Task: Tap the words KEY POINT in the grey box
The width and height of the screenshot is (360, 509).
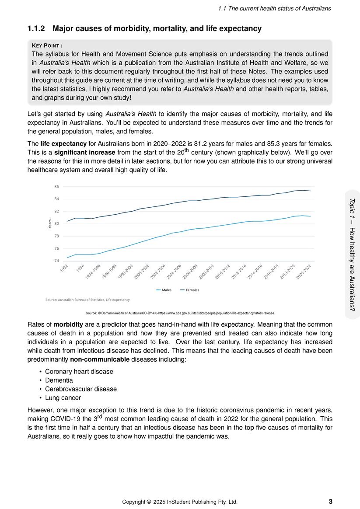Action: [47, 45]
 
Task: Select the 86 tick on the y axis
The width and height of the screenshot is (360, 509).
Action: [56, 187]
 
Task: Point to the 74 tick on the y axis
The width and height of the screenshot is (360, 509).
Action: [56, 261]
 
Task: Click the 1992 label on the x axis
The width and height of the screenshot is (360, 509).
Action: [64, 268]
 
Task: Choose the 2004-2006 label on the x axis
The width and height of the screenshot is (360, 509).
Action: [174, 272]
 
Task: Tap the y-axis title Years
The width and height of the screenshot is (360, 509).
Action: [50, 224]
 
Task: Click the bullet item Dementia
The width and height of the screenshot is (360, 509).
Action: [59, 380]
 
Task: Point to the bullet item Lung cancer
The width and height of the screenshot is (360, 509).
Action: [63, 398]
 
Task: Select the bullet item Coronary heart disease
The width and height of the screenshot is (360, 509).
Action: [79, 372]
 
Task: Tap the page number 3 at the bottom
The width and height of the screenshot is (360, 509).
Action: [330, 502]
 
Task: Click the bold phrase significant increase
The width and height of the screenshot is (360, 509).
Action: [85, 153]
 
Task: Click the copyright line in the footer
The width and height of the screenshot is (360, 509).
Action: [180, 502]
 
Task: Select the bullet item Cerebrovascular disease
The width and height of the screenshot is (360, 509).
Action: [81, 389]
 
